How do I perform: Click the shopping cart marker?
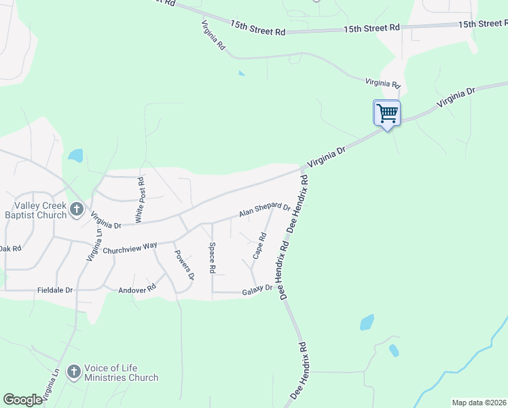pyautogui.click(x=386, y=113)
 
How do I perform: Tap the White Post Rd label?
pyautogui.click(x=140, y=200)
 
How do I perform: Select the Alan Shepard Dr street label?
pyautogui.click(x=264, y=211)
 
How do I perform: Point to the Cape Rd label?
pyautogui.click(x=259, y=246)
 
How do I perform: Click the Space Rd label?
pyautogui.click(x=213, y=258)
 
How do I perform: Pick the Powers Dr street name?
pyautogui.click(x=185, y=266)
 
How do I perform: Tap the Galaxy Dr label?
pyautogui.click(x=257, y=292)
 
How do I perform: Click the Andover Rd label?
pyautogui.click(x=137, y=288)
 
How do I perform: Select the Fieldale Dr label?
pyautogui.click(x=55, y=290)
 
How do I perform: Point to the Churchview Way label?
pyautogui.click(x=130, y=249)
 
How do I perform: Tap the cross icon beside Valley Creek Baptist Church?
pyautogui.click(x=76, y=209)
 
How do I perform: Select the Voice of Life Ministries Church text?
pyautogui.click(x=121, y=373)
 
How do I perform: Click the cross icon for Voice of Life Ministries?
pyautogui.click(x=73, y=373)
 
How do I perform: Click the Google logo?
pyautogui.click(x=22, y=400)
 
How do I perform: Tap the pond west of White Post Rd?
pyautogui.click(x=75, y=156)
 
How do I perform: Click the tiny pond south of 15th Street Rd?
pyautogui.click(x=241, y=73)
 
